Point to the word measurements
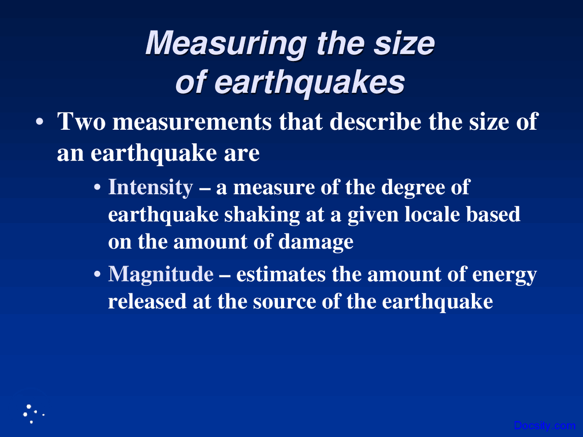192,122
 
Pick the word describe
375,122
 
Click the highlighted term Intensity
150,187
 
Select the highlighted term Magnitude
161,274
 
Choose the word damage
316,242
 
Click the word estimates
281,274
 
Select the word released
147,301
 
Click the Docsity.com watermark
544,426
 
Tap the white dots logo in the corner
32,413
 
